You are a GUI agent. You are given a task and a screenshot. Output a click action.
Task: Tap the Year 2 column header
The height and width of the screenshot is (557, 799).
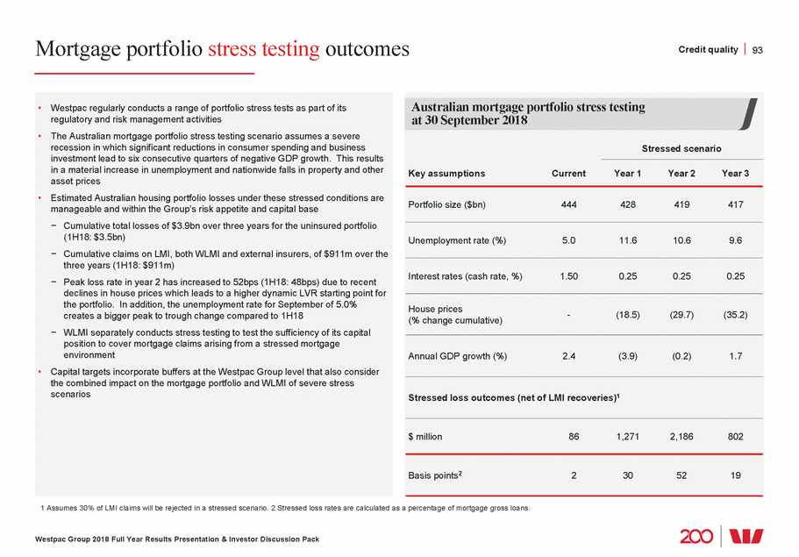683,174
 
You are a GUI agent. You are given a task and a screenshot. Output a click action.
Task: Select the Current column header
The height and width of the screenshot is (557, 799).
568,174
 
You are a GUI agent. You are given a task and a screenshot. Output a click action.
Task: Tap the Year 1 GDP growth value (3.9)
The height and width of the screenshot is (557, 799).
626,356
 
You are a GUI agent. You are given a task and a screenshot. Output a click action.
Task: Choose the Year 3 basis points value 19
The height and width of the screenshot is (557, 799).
735,475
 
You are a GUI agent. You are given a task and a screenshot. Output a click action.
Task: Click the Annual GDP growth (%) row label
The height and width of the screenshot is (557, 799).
458,356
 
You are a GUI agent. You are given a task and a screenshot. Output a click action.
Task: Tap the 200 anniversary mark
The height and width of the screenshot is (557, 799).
696,536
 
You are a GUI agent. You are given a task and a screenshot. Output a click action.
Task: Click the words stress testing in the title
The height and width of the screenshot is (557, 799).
264,49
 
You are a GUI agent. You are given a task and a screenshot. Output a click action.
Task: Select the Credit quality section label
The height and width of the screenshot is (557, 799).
708,50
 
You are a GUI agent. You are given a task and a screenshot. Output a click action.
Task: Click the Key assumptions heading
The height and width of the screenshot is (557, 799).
446,174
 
